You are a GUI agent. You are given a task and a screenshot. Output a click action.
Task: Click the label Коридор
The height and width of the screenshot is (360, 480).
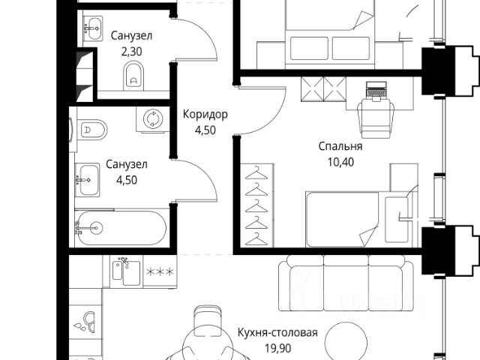pos(205,115)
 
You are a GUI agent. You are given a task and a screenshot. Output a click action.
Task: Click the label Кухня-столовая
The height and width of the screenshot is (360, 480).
pos(277,333)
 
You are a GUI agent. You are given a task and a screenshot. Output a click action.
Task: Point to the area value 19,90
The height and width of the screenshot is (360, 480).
pos(277,347)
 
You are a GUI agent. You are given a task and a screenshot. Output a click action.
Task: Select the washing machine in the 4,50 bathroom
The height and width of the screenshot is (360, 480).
pos(153,119)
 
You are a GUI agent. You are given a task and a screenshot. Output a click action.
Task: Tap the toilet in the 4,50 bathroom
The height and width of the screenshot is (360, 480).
pos(93,130)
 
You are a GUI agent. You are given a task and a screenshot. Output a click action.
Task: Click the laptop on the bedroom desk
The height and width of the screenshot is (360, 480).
pos(376,91)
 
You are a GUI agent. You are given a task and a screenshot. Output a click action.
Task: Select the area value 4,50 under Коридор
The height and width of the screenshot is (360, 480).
pos(205,129)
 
